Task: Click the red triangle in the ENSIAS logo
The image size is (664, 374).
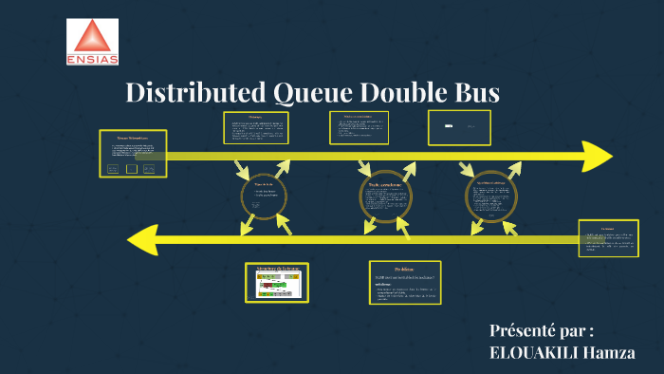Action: pyautogui.click(x=92, y=38)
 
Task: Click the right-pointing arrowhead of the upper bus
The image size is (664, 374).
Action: pyautogui.click(x=597, y=156)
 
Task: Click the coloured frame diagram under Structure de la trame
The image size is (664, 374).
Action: pyautogui.click(x=277, y=285)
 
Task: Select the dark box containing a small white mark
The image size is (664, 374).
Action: pyautogui.click(x=459, y=127)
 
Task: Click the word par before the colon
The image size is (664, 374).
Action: pyautogui.click(x=574, y=331)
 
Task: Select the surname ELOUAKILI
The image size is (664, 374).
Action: pyautogui.click(x=532, y=353)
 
